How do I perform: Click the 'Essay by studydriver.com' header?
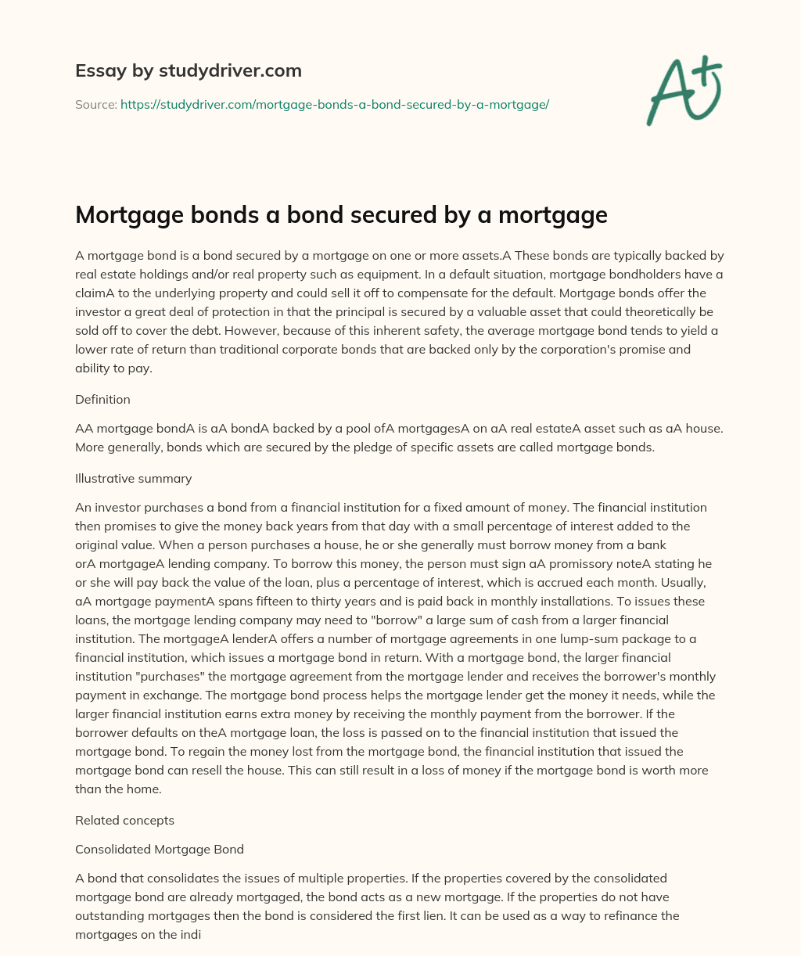coord(188,70)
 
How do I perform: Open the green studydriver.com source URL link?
coord(335,104)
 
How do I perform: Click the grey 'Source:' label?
coord(96,104)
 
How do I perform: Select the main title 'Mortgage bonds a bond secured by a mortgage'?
coord(341,214)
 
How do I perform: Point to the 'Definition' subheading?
coord(102,399)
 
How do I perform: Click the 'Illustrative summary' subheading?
coord(134,478)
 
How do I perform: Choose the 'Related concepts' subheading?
coord(124,821)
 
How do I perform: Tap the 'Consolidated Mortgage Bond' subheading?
coord(160,849)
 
